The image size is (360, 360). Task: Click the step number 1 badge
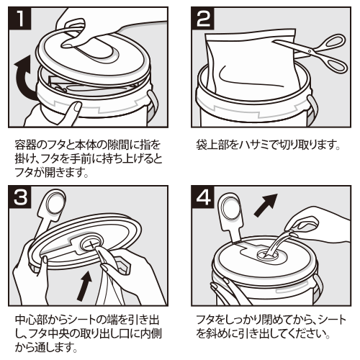point(19,18)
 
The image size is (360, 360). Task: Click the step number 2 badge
point(202,18)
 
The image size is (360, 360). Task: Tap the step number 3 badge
point(19,197)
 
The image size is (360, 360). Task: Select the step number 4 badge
point(202,197)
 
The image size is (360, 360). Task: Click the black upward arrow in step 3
point(84,286)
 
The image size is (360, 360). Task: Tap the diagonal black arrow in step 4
point(265,205)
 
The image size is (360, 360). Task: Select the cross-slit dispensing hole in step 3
point(91,245)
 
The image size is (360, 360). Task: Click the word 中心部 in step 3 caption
point(31,320)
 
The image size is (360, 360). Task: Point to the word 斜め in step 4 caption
point(217,333)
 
